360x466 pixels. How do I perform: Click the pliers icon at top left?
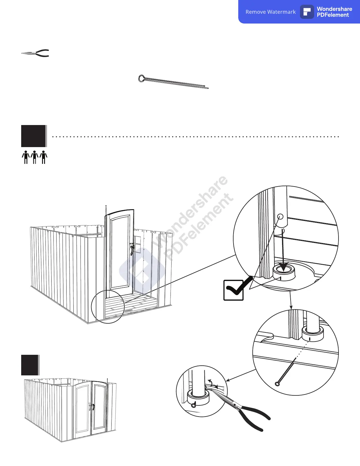35,53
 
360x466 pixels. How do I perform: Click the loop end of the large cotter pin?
141,78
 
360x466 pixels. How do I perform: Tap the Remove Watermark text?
271,12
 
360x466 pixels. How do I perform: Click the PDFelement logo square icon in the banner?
307,12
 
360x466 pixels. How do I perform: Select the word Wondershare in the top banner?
334,9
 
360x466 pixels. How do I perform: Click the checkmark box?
234,290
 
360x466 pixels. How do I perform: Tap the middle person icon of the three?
35,157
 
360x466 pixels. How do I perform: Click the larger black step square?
34,136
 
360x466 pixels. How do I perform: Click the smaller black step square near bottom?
30,365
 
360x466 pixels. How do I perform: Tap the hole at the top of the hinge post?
280,217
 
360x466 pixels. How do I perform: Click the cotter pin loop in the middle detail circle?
277,383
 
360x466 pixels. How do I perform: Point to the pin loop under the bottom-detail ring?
193,405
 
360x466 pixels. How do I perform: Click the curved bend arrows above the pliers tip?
212,383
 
